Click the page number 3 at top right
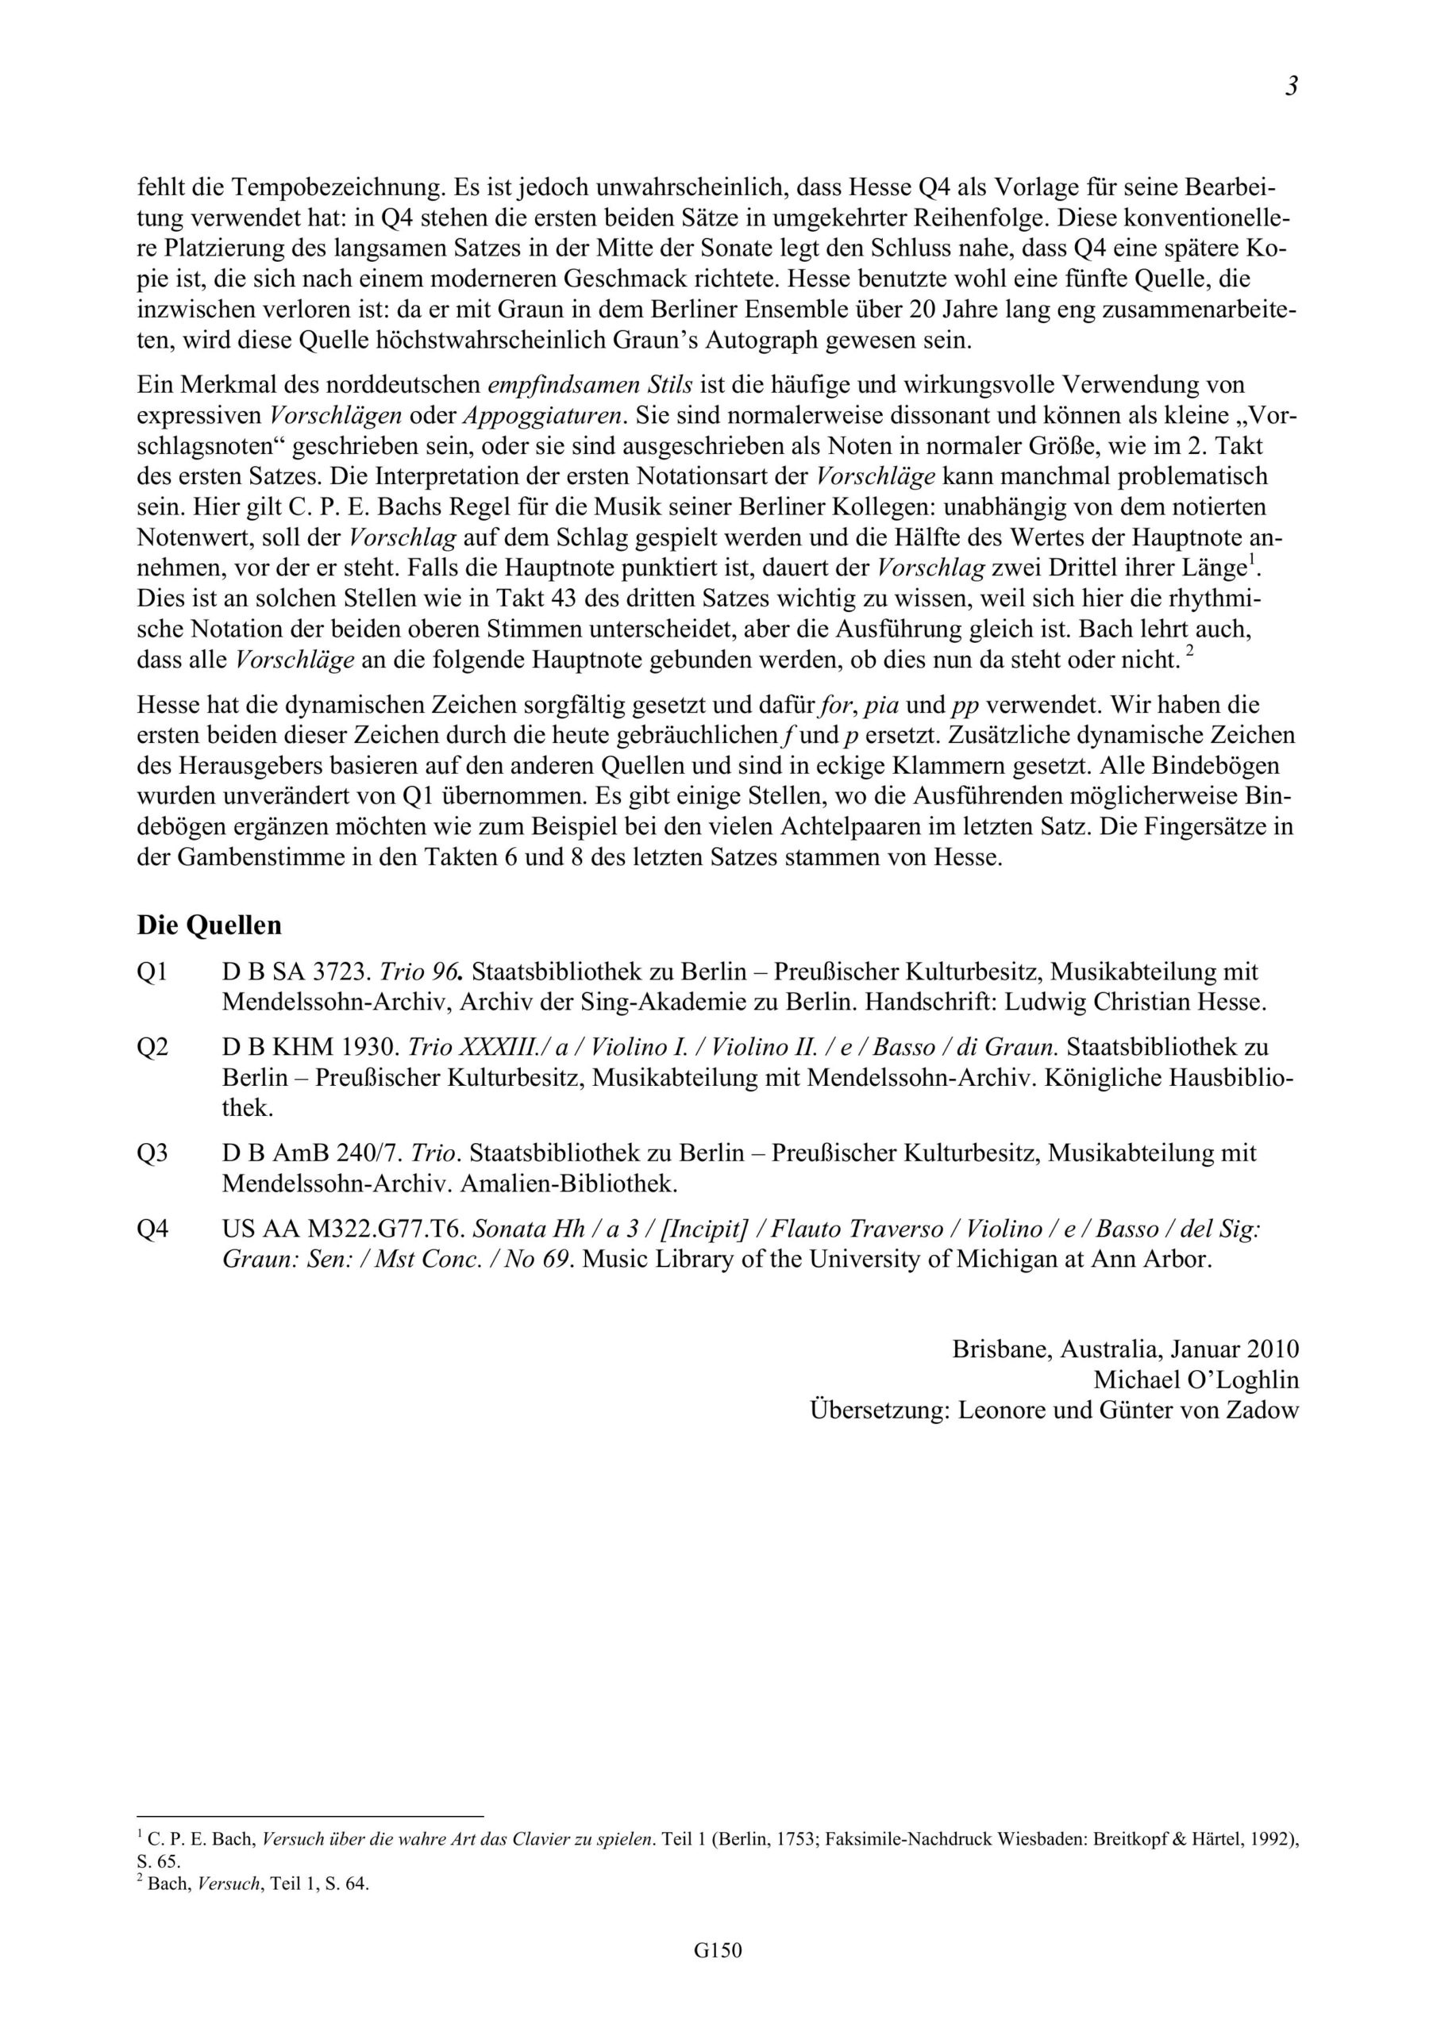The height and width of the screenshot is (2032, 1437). (x=1292, y=87)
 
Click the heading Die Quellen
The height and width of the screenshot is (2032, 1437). (x=209, y=925)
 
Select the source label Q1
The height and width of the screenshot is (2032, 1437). (x=152, y=972)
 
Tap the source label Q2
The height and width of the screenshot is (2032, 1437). (x=152, y=1047)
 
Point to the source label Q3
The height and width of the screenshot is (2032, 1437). (x=152, y=1153)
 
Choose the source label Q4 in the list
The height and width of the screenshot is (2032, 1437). (x=152, y=1229)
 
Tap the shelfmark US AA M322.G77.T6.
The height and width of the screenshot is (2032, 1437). (x=344, y=1229)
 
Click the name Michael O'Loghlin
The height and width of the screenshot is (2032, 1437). (x=1196, y=1380)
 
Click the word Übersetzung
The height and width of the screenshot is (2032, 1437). (x=879, y=1410)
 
